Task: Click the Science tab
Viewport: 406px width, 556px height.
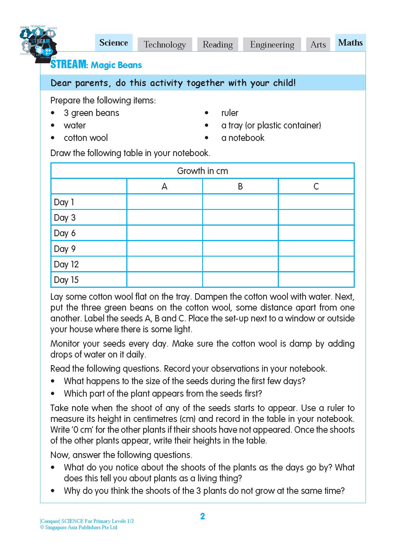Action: (114, 43)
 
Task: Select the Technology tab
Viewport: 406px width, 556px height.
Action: (165, 45)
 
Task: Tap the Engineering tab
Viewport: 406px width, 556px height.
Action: (272, 45)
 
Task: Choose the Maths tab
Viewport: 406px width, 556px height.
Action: (350, 43)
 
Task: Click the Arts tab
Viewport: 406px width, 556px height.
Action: (318, 45)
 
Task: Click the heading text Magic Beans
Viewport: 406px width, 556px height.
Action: (116, 65)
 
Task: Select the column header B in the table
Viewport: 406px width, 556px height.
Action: (240, 186)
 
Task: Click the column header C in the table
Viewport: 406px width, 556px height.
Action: (316, 186)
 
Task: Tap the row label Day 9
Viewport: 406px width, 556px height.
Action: (65, 249)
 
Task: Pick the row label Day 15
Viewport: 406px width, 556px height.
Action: (66, 280)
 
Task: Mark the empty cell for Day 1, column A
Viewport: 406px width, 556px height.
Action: (165, 202)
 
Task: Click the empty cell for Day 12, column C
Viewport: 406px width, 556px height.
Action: (316, 264)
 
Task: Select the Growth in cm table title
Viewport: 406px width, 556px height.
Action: (202, 171)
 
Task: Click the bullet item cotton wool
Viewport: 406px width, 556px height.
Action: (86, 138)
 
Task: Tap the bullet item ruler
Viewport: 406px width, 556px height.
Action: (230, 113)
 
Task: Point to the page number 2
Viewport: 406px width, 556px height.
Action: (202, 516)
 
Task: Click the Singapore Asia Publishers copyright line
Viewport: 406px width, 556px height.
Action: (79, 527)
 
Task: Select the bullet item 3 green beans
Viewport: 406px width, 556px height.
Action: (91, 113)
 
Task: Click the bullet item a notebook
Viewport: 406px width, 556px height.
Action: (243, 138)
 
